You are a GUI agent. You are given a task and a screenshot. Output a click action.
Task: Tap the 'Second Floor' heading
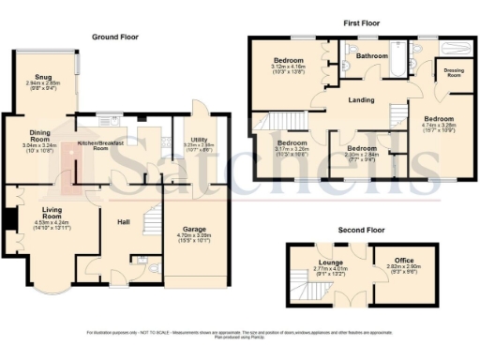[363, 229]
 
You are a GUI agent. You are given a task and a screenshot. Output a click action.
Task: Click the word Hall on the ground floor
[123, 222]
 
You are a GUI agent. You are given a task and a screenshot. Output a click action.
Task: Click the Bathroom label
[371, 55]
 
